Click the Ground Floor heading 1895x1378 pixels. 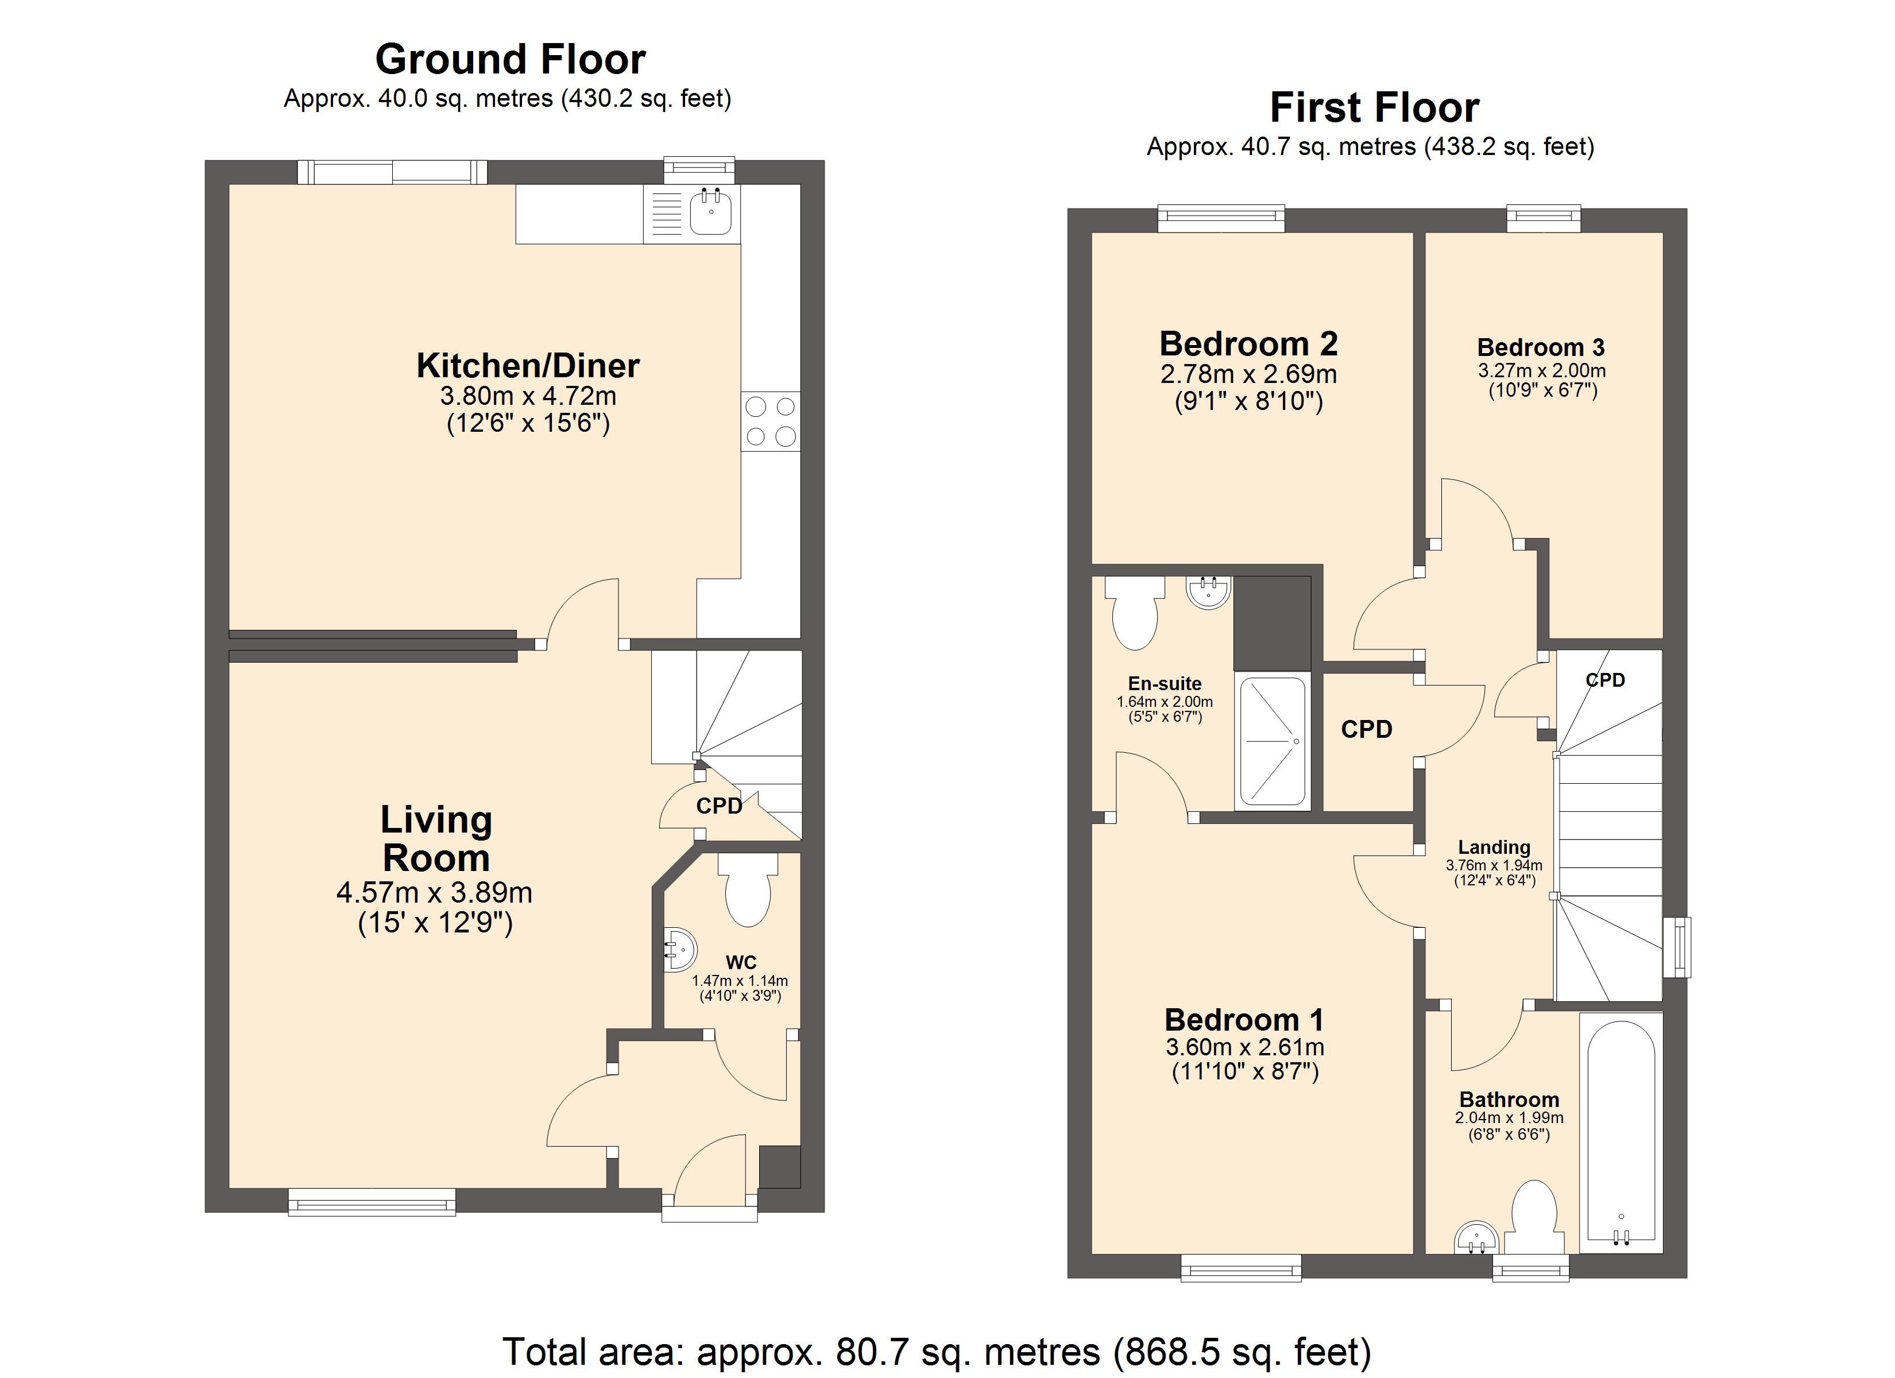point(511,59)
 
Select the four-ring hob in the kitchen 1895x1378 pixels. point(771,422)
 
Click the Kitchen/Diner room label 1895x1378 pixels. point(528,366)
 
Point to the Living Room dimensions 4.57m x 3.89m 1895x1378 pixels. point(435,892)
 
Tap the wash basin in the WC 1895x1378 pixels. point(679,950)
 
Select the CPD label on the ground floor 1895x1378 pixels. point(720,806)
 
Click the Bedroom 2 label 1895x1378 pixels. point(1248,343)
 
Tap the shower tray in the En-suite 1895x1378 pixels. point(1273,742)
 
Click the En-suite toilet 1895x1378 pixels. point(1135,613)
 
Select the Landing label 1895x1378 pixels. point(1494,847)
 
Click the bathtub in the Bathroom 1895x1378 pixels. point(1621,1133)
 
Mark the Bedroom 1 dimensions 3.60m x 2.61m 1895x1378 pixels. point(1245,1047)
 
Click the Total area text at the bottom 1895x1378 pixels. point(937,1351)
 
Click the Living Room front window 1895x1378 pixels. point(372,1202)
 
